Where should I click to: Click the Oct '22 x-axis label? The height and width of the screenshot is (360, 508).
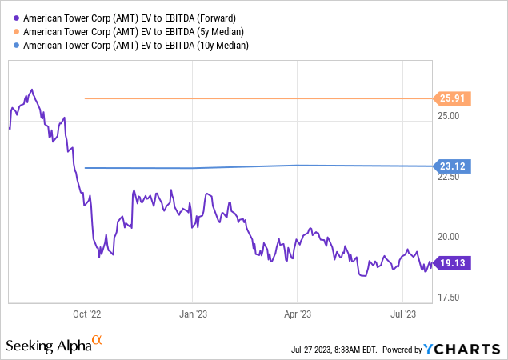point(86,314)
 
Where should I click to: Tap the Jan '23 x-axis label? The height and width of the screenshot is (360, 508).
point(192,314)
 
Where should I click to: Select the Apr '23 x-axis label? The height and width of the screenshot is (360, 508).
point(298,314)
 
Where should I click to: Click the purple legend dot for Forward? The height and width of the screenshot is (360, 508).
point(16,17)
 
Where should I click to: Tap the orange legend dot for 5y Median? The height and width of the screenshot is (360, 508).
point(16,31)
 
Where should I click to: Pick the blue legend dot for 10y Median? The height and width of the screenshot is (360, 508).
point(16,46)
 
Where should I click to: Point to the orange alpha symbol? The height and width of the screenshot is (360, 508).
point(98,341)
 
